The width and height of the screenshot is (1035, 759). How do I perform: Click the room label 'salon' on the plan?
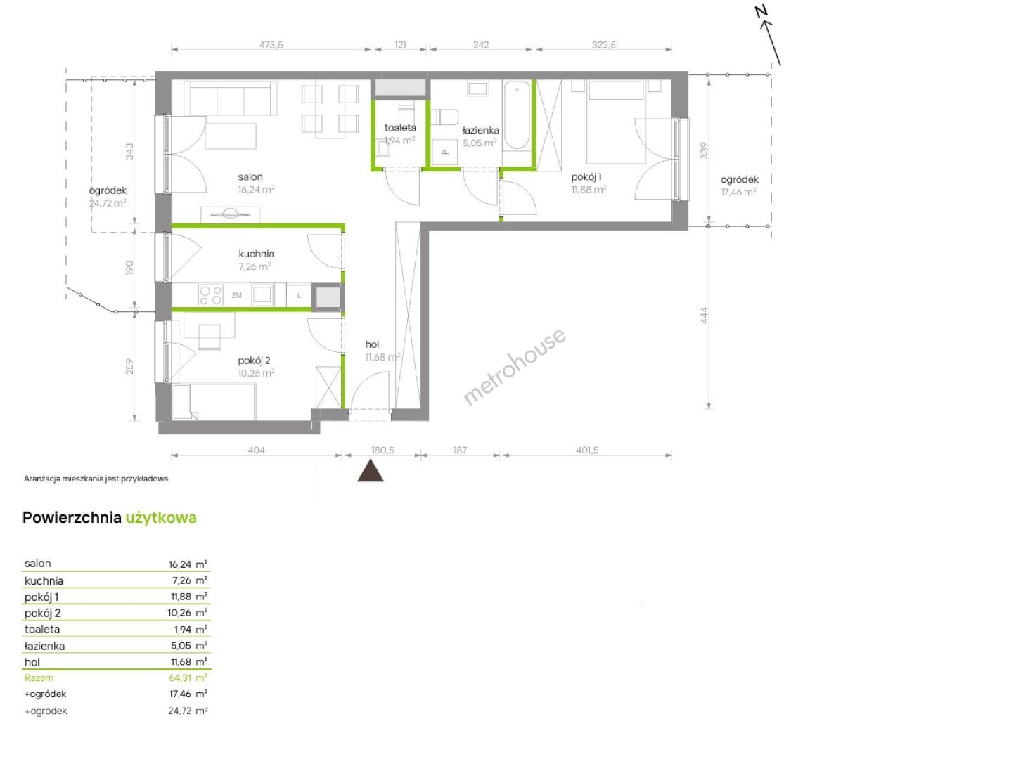(250, 177)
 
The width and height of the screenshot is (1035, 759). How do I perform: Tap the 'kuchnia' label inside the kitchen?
(257, 254)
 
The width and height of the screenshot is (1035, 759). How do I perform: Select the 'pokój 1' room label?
(586, 177)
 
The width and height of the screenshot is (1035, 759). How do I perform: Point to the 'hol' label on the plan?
(372, 344)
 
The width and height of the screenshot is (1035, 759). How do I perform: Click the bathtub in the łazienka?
(517, 115)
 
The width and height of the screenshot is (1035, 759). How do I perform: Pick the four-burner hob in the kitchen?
(211, 295)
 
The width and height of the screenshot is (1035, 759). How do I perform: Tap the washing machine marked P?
(445, 152)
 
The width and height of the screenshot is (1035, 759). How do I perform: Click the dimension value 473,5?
(271, 45)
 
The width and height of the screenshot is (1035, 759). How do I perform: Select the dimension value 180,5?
(382, 450)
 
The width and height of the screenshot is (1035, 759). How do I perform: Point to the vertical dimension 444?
(704, 316)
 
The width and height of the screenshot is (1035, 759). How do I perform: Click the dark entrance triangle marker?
(370, 471)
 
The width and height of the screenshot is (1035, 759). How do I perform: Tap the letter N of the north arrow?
(761, 11)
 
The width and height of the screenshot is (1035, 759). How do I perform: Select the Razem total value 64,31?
(180, 677)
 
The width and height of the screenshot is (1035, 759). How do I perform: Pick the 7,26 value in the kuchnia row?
(181, 580)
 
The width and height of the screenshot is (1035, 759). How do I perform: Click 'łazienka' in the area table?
(44, 646)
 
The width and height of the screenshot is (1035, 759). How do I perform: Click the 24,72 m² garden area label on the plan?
(108, 203)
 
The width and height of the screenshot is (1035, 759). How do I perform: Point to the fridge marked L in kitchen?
(299, 296)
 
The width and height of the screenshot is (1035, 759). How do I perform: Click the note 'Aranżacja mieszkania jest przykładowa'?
(96, 479)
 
